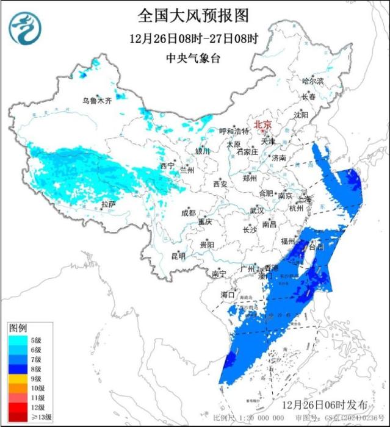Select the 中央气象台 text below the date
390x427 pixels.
tap(193, 59)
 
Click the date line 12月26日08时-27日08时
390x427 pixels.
tap(193, 38)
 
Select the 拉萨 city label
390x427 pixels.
tap(109, 204)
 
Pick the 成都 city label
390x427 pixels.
tap(189, 213)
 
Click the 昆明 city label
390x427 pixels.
tap(178, 256)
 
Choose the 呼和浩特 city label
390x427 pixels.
tap(234, 131)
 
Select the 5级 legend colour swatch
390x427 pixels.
tap(16, 339)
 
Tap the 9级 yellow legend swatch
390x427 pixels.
tap(16, 378)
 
